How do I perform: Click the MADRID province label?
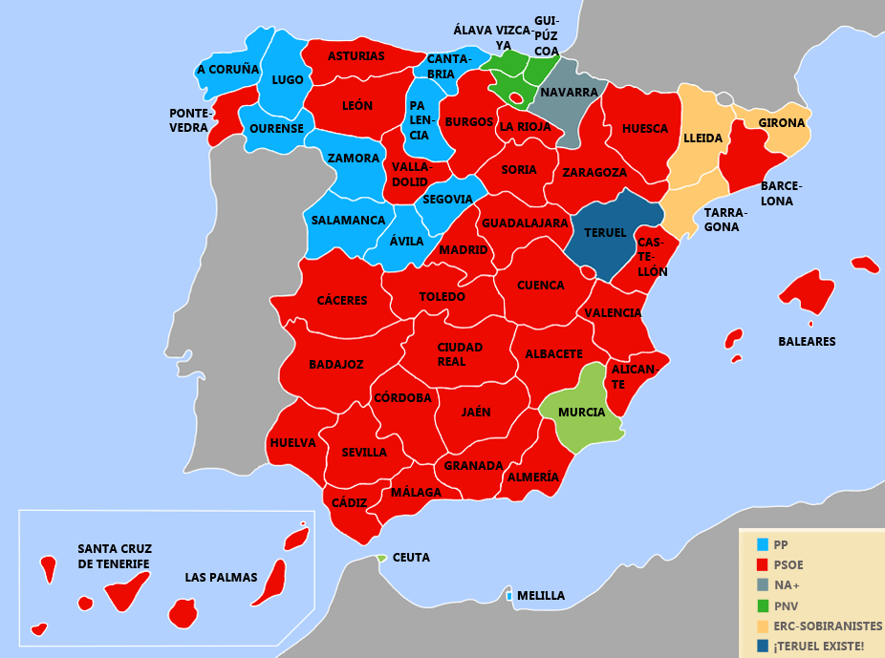point(463,250)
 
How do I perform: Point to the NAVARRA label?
point(569,93)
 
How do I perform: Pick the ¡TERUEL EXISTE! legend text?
point(818,647)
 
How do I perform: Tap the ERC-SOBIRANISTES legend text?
point(828,626)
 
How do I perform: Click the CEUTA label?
point(411,557)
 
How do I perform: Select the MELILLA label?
point(540,596)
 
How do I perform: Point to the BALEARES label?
point(807,341)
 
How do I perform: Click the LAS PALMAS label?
point(222,578)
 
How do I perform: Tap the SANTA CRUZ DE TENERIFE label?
point(115,556)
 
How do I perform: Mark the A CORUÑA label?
point(228,70)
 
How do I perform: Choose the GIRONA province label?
point(782,123)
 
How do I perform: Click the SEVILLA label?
point(364,452)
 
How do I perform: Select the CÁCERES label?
point(342,301)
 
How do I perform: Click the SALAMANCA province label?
point(348,221)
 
